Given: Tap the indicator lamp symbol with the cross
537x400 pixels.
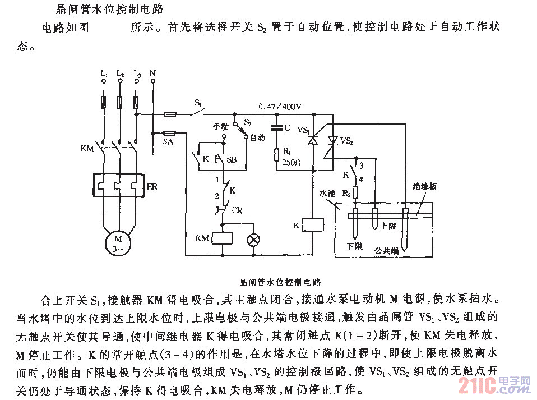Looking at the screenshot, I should (254, 240).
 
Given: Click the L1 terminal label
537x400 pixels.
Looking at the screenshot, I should (103, 73).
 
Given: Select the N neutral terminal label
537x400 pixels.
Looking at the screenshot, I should (153, 73).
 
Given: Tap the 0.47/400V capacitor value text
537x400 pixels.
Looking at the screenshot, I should (280, 107).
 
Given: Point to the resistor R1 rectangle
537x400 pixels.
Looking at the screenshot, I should (275, 154).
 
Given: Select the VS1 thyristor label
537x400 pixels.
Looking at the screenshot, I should (303, 130).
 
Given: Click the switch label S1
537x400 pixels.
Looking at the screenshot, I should (198, 103).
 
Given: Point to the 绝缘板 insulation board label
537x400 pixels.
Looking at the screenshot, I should (424, 186).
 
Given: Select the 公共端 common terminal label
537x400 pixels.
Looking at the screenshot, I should (387, 252).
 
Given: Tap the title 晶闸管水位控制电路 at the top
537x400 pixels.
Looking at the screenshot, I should (104, 10).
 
